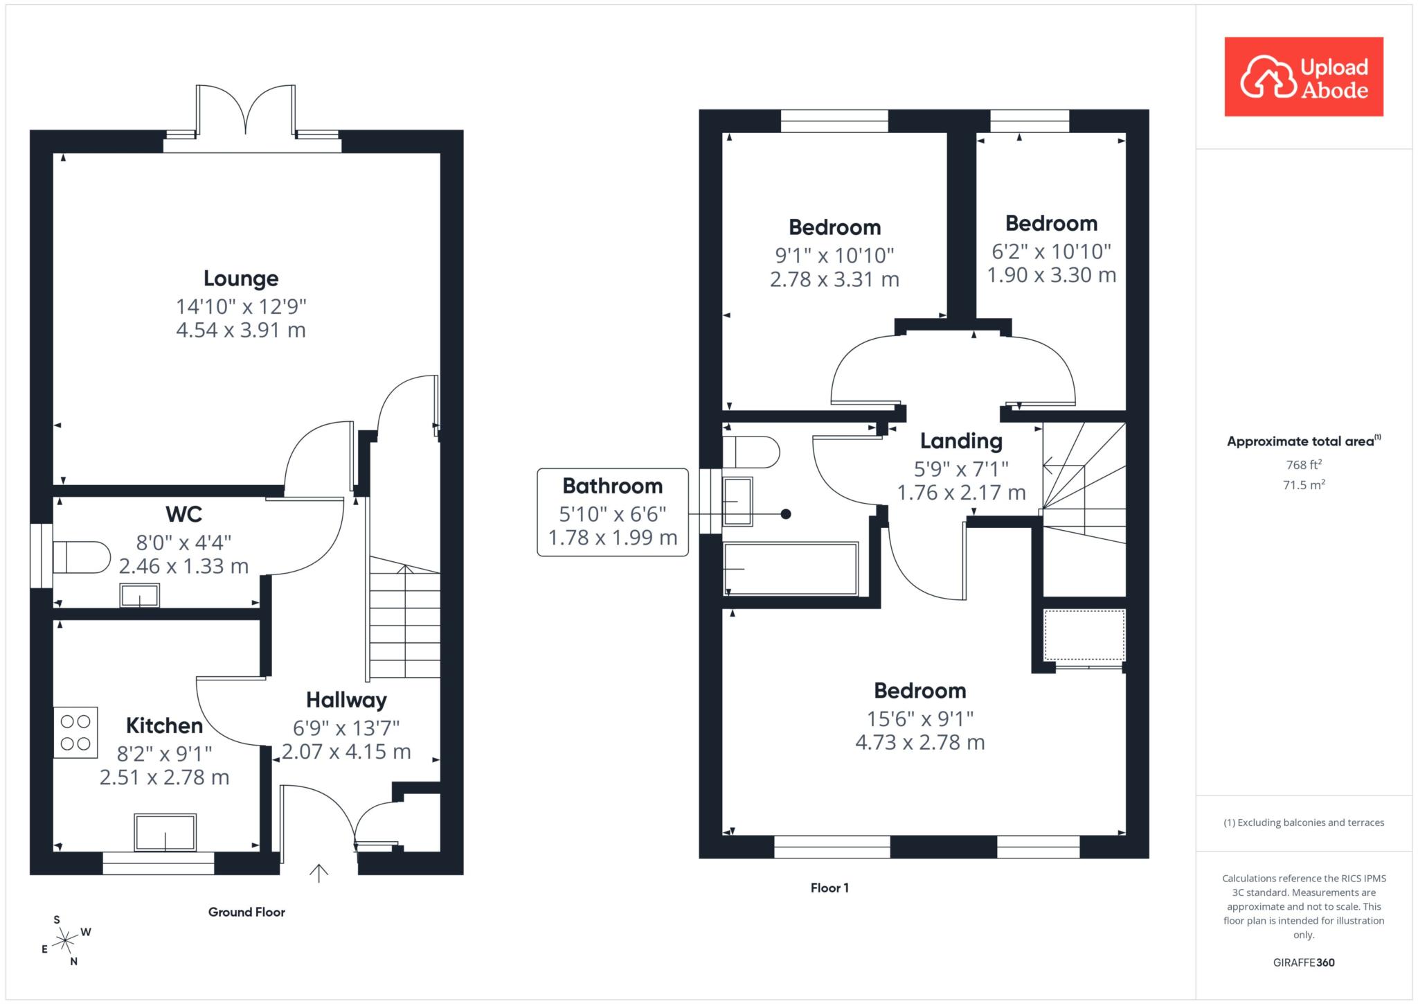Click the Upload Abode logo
click(1304, 76)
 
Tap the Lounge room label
click(241, 279)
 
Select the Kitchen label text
click(164, 725)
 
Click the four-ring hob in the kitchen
click(75, 732)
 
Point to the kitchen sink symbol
click(165, 832)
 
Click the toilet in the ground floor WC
click(82, 557)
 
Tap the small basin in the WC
click(140, 595)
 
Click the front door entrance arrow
click(318, 873)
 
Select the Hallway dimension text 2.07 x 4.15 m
click(346, 752)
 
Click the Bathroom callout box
click(613, 512)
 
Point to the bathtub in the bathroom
click(791, 569)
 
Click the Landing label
click(961, 441)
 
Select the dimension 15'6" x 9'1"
click(920, 719)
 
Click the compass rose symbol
click(65, 940)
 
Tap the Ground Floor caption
click(246, 912)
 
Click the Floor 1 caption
click(829, 888)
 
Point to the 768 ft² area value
click(1303, 464)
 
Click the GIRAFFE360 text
click(1304, 962)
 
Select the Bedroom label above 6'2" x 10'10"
click(1051, 223)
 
